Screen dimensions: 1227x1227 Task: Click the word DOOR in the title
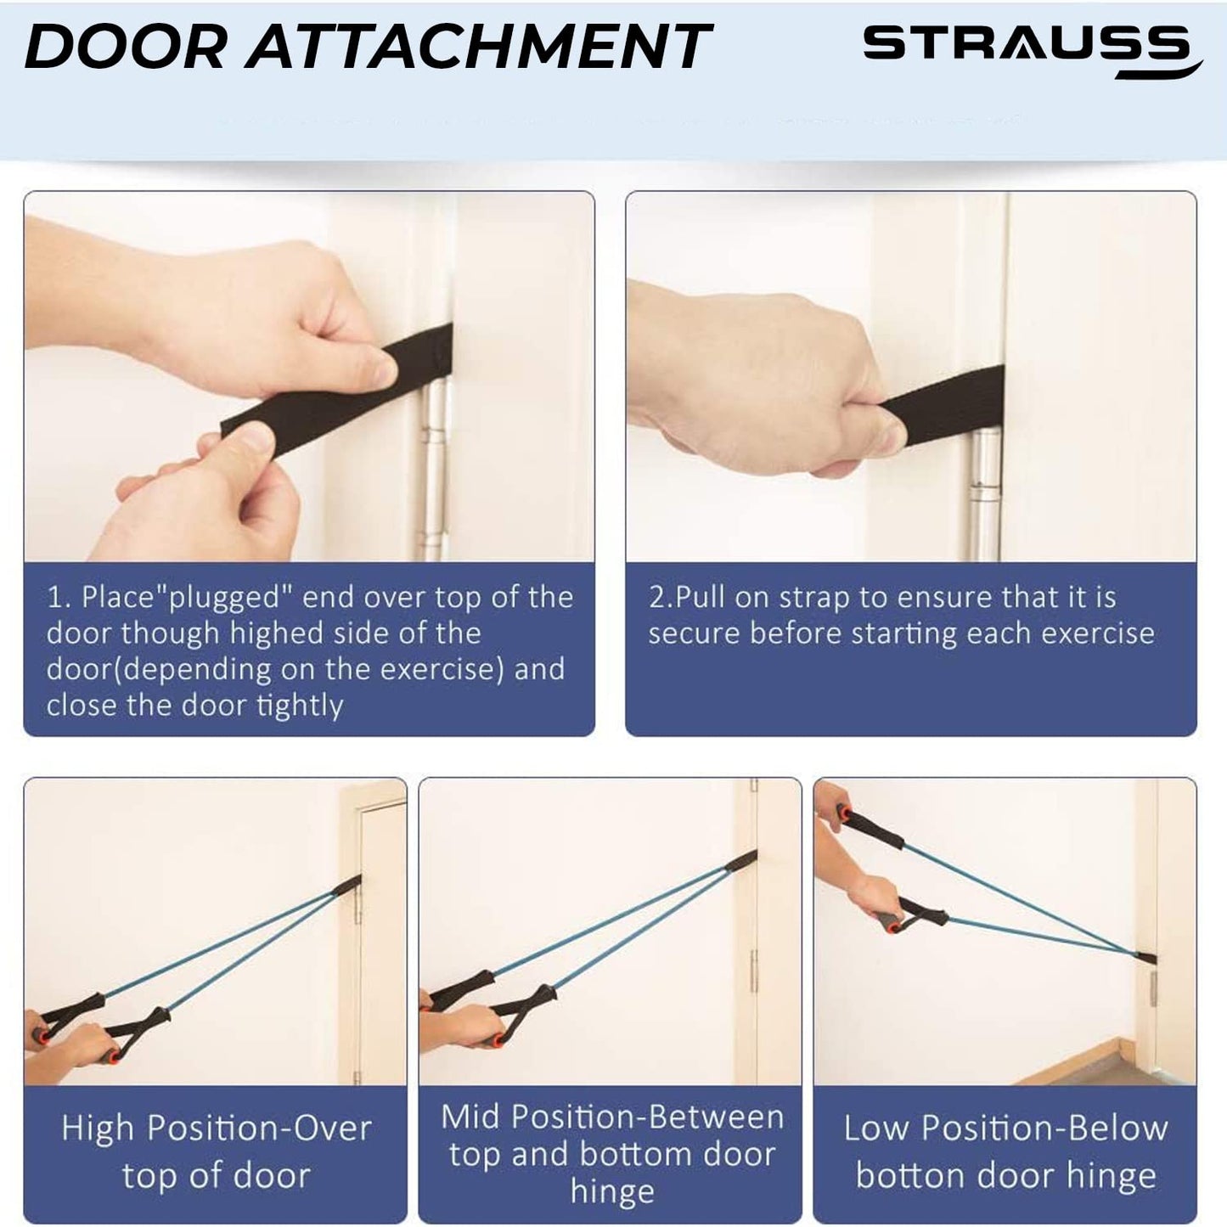tap(124, 47)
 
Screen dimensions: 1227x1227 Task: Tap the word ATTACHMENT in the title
tap(478, 47)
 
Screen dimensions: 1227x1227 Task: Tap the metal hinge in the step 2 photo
tap(984, 497)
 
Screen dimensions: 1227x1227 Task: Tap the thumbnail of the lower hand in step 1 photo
tap(255, 439)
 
